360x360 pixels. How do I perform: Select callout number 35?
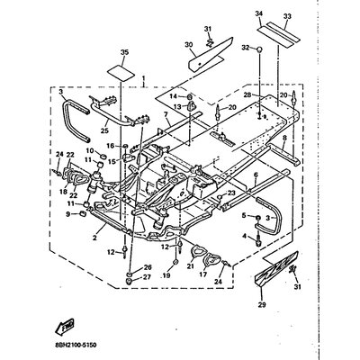pyautogui.click(x=124, y=53)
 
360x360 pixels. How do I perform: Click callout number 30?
pyautogui.click(x=189, y=45)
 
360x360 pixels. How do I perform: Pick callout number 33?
pyautogui.click(x=288, y=14)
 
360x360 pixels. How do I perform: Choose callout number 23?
pyautogui.click(x=231, y=193)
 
